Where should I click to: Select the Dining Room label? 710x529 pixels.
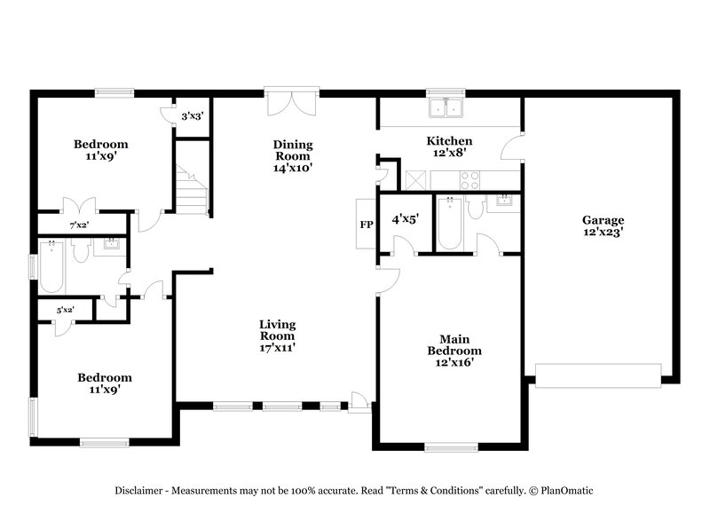coord(293,155)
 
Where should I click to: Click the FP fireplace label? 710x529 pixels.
coord(366,225)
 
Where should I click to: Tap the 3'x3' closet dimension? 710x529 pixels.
coord(192,116)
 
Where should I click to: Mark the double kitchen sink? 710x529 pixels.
coord(447,108)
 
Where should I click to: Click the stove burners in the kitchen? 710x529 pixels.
coord(469,181)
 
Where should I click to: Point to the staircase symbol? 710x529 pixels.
coord(191,191)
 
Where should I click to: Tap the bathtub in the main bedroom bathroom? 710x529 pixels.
coord(447,226)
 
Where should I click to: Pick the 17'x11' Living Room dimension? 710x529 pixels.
coord(277,348)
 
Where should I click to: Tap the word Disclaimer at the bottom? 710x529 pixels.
coord(139,490)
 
